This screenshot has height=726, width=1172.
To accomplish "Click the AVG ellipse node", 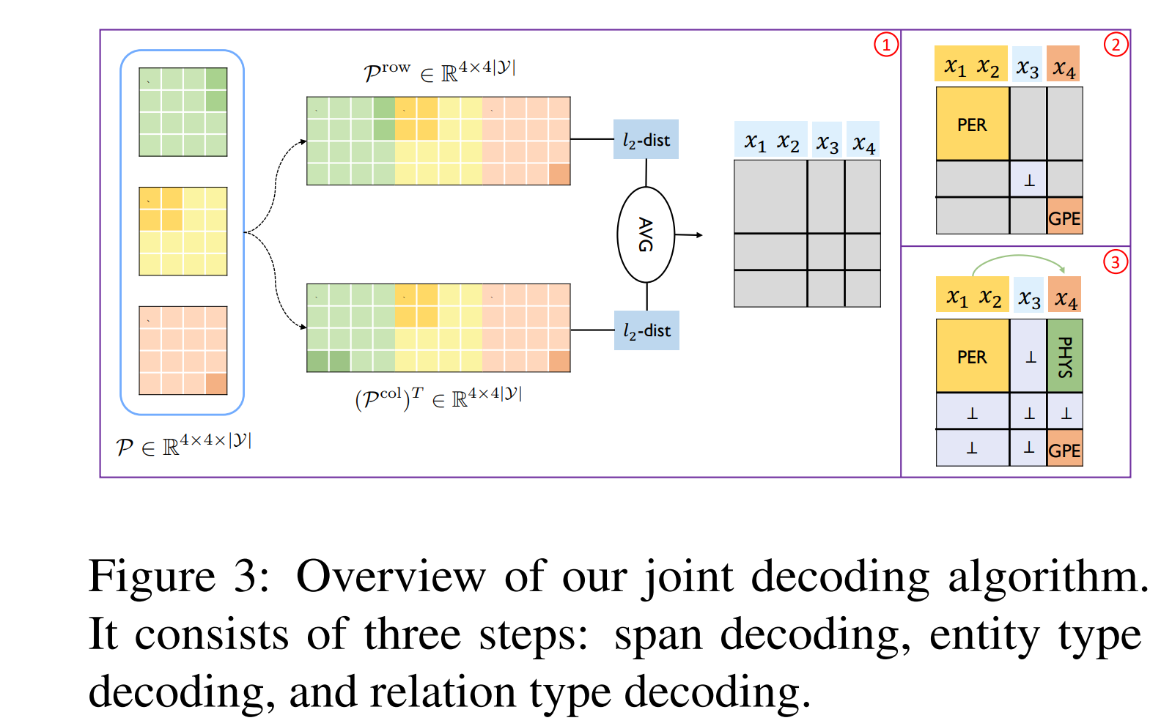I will click(x=645, y=234).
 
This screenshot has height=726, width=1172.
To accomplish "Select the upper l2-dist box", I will click(x=646, y=139).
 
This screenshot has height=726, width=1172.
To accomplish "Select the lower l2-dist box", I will click(x=646, y=330).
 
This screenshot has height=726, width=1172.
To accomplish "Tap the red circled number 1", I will click(x=886, y=45).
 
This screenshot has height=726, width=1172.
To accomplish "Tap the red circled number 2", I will click(x=1116, y=45).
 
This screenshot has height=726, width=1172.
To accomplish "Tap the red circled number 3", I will click(x=1115, y=262).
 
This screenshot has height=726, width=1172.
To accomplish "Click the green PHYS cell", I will click(x=1065, y=356).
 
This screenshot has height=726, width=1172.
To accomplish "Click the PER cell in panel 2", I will click(x=972, y=125).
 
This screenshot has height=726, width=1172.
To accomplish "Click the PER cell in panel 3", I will click(x=972, y=357).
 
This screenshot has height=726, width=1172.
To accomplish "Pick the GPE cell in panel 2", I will click(x=1064, y=217).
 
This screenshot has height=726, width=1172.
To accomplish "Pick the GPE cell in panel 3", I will click(x=1064, y=449).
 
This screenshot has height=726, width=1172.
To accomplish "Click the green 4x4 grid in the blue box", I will click(x=183, y=112).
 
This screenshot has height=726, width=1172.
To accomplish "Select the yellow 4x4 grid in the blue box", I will click(x=183, y=231).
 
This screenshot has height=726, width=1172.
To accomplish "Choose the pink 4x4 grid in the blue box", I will click(x=183, y=350).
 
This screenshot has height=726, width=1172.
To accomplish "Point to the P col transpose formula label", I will click(x=438, y=399).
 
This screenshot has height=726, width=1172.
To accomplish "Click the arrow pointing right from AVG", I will click(x=688, y=235).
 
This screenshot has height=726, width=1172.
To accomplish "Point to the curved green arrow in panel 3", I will click(x=1019, y=258).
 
